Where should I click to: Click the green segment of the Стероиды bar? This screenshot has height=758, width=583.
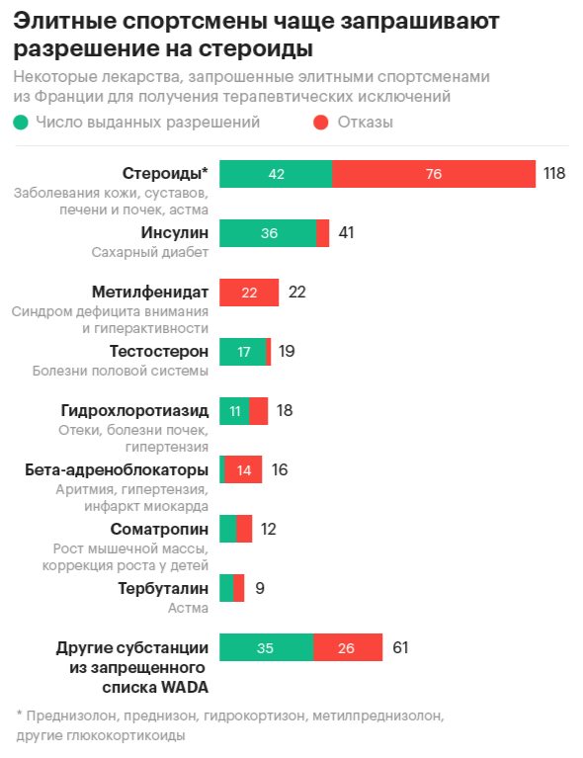(276, 174)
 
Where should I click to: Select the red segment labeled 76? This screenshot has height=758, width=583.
(433, 174)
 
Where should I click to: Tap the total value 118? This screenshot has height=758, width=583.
(553, 174)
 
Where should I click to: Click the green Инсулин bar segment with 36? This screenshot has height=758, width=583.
(268, 233)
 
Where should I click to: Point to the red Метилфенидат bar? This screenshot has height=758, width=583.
(249, 293)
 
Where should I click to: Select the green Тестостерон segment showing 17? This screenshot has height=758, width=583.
(243, 351)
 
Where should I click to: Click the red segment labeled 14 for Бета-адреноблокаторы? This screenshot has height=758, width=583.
(243, 469)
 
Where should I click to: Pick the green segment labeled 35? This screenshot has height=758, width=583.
(266, 648)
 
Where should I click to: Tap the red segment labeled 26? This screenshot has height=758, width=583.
(348, 648)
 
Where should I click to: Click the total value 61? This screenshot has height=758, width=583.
(399, 648)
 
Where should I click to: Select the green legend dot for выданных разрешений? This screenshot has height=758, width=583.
(21, 123)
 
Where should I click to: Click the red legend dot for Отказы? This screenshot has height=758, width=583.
(320, 123)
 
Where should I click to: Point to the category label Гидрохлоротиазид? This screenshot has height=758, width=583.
(134, 410)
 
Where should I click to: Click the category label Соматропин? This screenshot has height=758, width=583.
(159, 529)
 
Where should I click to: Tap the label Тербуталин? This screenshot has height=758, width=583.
(163, 588)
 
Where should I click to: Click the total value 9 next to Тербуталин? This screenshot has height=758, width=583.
(260, 588)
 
